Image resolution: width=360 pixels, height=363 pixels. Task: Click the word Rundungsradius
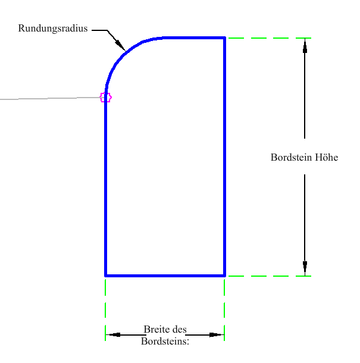(x=53, y=28)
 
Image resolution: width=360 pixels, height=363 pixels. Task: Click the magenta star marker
(x=105, y=97)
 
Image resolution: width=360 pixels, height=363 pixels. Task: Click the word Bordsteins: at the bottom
(x=165, y=341)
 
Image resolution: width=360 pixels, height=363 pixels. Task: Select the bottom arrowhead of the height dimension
(x=305, y=268)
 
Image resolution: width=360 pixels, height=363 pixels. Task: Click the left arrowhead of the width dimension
(x=113, y=334)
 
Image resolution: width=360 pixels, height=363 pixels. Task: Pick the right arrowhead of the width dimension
(x=217, y=335)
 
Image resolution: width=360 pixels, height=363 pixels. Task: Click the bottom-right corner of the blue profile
(x=224, y=276)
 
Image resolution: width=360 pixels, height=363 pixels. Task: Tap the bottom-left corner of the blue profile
(x=105, y=276)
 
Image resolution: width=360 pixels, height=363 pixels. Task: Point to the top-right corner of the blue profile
(x=224, y=37)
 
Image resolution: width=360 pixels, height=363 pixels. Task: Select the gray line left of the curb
(x=50, y=98)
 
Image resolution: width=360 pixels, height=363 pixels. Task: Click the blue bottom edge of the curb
(x=165, y=276)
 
